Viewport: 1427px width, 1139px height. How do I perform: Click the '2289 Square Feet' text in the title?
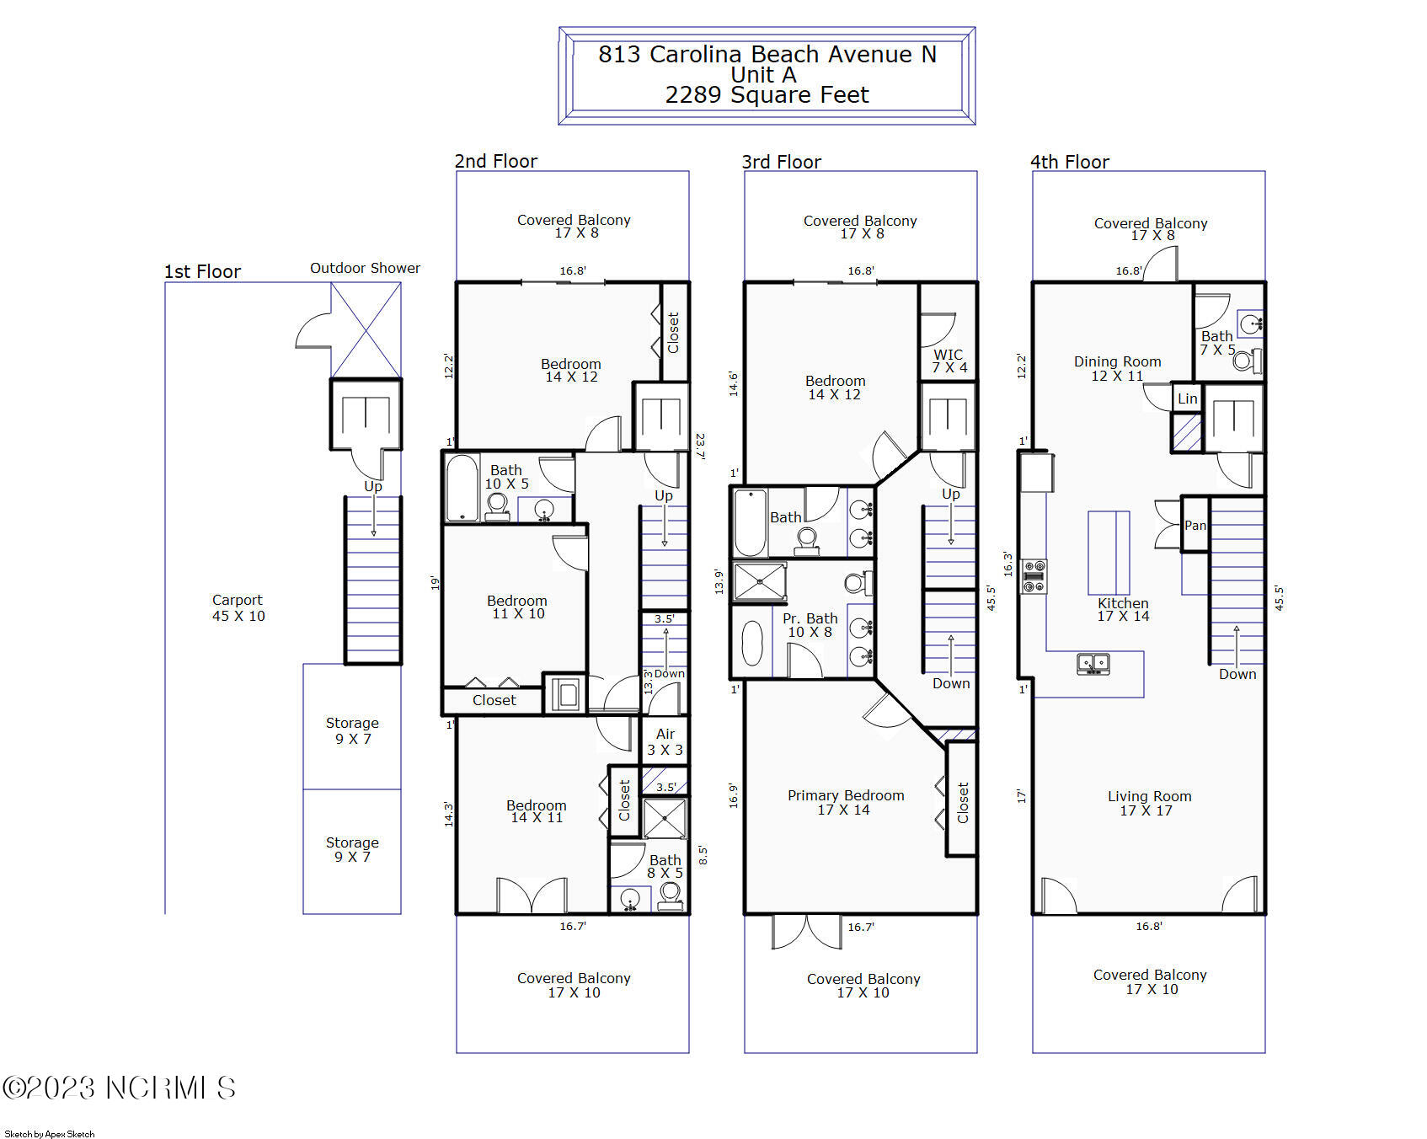[x=767, y=95]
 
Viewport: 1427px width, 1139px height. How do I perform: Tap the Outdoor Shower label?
[x=365, y=268]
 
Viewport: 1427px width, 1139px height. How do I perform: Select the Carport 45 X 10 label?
[x=238, y=607]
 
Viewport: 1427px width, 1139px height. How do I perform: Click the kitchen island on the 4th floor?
[x=1109, y=553]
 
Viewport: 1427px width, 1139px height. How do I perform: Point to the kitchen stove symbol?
[x=1034, y=576]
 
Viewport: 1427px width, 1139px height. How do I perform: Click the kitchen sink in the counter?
[x=1093, y=664]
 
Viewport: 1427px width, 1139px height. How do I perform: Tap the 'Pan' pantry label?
[x=1195, y=525]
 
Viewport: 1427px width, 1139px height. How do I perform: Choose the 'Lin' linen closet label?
[x=1187, y=398]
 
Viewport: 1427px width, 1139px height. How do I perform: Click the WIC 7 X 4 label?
[x=949, y=361]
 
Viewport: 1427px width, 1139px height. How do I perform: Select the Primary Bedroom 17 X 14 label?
[x=845, y=802]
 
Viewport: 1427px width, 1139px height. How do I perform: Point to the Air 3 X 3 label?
[x=665, y=741]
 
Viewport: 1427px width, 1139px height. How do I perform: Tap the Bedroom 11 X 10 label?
[x=517, y=607]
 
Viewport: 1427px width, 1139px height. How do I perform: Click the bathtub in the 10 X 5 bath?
[x=462, y=489]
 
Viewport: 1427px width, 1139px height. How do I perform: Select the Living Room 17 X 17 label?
[x=1148, y=803]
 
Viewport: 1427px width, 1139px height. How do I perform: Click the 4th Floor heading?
[x=1069, y=162]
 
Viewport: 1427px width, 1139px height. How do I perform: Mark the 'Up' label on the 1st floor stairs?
[x=372, y=486]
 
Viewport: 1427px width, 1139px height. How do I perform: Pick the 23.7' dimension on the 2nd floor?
[x=700, y=446]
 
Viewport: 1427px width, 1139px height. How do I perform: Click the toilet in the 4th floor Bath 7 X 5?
[x=1245, y=361]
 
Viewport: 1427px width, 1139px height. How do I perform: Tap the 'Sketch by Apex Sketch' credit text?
[x=50, y=1134]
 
